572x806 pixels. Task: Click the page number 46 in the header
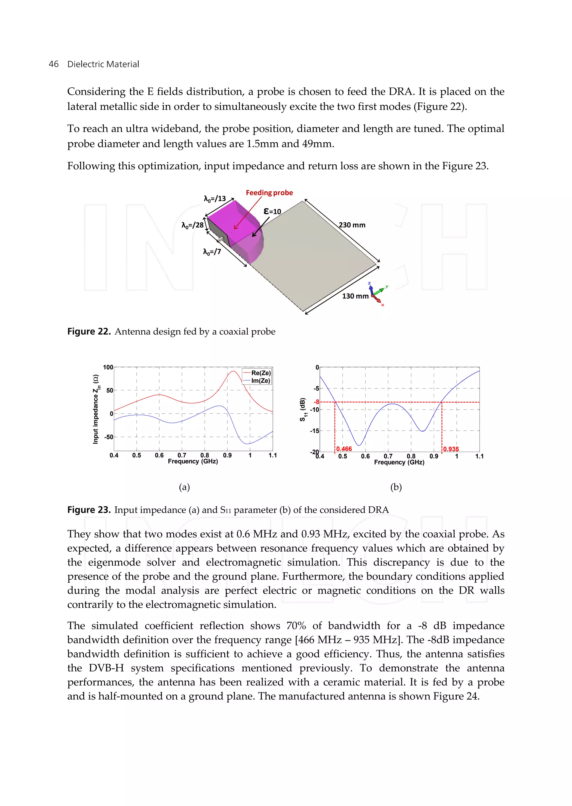coord(54,64)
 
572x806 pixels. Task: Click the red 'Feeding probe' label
coord(269,193)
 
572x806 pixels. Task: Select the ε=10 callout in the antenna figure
coord(272,211)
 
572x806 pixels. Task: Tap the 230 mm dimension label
coord(352,225)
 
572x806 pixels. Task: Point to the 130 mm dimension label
coord(355,296)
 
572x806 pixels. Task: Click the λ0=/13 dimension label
coord(214,199)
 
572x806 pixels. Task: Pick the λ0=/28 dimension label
coord(192,225)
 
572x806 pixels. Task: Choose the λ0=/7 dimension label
coord(212,252)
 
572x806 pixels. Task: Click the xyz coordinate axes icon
coord(377,294)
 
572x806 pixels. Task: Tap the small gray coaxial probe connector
coord(220,240)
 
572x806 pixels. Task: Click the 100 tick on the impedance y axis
coord(108,367)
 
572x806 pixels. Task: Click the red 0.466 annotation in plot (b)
coord(344,449)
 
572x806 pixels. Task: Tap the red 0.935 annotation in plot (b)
coord(451,449)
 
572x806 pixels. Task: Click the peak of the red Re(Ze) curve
coord(233,371)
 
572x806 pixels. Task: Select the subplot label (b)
coord(396,487)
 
